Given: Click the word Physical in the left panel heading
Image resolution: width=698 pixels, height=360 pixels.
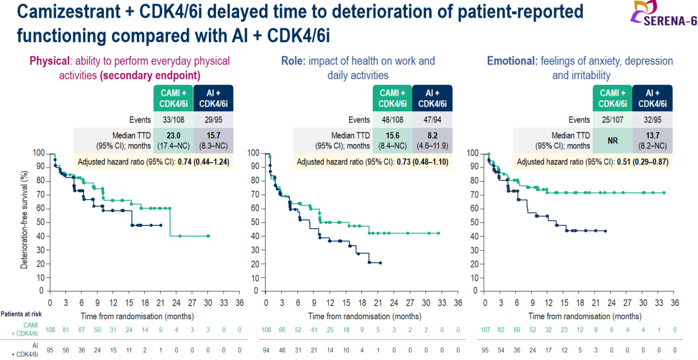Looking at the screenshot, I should pos(50,61).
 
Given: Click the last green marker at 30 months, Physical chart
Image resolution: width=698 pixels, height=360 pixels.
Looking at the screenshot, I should pos(208,236).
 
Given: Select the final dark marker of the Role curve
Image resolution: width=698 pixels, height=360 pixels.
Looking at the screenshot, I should pos(381,263).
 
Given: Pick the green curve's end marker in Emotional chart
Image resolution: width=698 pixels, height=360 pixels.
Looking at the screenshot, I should pos(664,193).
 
